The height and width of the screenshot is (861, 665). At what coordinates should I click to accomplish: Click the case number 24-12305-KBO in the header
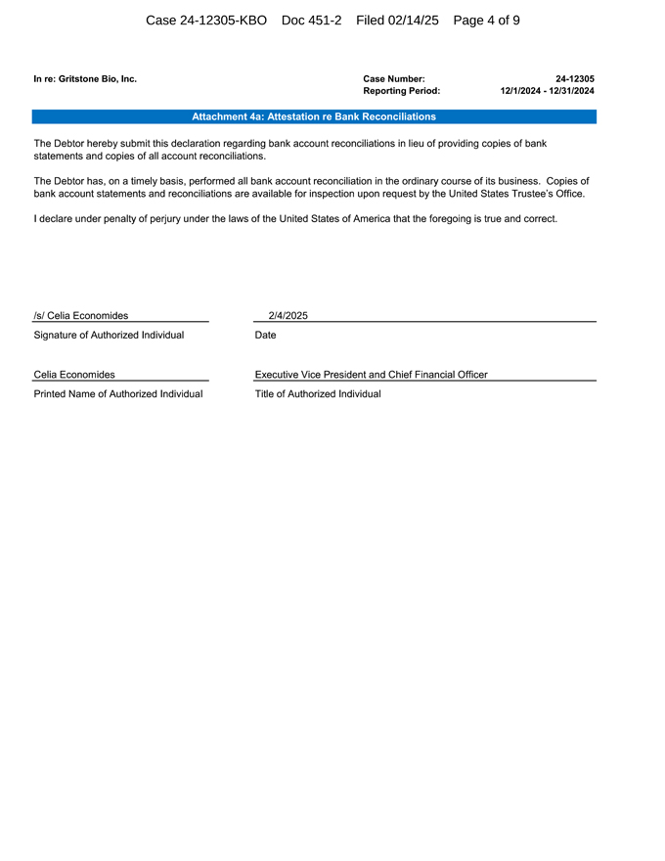[x=205, y=20]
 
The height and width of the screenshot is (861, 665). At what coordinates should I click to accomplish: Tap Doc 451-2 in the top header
[x=311, y=20]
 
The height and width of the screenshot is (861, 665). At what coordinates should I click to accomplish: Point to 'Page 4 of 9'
[x=486, y=20]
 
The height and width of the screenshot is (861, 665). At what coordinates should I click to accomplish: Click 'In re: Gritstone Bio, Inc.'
[x=85, y=78]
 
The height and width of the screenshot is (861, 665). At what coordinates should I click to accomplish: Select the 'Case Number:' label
[x=393, y=78]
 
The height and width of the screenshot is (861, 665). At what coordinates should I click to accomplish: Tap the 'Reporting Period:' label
[x=401, y=91]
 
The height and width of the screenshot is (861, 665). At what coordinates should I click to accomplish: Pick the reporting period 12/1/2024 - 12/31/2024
[x=547, y=91]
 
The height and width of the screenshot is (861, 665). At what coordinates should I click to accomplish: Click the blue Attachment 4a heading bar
[x=314, y=116]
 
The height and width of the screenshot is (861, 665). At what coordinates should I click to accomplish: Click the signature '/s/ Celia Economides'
[x=80, y=315]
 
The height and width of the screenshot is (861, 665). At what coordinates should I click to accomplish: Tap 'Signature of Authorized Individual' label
[x=109, y=336]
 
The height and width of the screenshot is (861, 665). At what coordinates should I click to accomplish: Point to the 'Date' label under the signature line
[x=265, y=336]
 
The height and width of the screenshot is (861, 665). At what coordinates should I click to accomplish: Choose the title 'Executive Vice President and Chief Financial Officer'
[x=371, y=374]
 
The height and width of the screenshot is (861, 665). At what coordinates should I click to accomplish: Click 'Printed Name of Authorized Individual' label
[x=118, y=393]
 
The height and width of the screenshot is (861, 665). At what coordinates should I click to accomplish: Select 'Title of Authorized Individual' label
[x=318, y=393]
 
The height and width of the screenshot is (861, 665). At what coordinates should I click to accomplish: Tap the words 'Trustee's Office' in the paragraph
[x=549, y=194]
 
